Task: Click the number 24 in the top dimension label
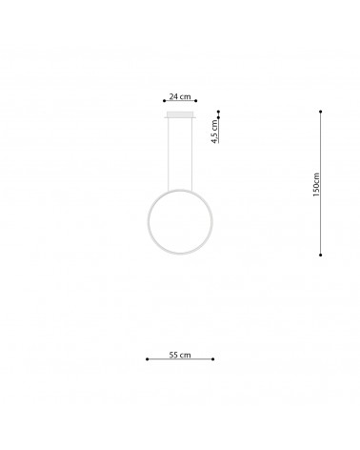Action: click(173, 96)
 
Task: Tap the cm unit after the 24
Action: click(185, 97)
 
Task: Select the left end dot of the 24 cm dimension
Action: click(164, 101)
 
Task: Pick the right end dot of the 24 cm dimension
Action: click(196, 101)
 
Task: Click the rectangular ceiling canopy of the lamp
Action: click(180, 114)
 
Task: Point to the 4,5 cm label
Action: click(215, 132)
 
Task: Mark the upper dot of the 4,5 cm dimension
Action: click(218, 112)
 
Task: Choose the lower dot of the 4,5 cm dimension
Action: click(218, 117)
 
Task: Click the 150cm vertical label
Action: click(316, 185)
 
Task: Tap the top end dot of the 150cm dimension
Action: click(321, 112)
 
